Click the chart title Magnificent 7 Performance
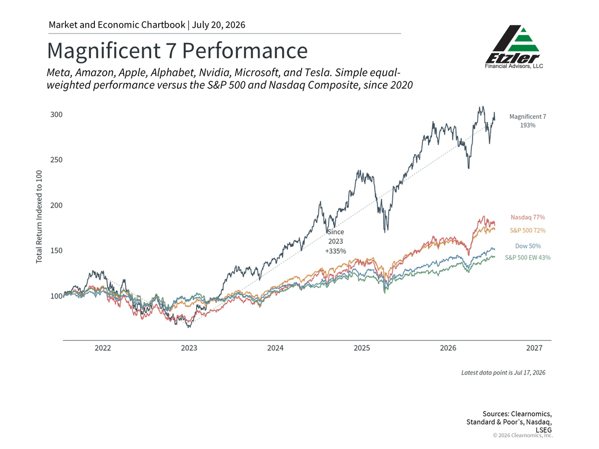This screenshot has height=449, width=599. (x=177, y=50)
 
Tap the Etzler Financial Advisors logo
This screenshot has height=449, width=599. (x=514, y=47)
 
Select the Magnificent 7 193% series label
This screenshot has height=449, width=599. (x=528, y=121)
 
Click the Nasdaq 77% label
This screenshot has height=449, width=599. (x=528, y=218)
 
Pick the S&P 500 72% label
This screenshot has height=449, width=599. (x=528, y=230)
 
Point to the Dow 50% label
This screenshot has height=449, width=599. (x=528, y=246)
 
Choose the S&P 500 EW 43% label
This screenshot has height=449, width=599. (x=528, y=257)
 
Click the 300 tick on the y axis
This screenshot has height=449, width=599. (x=56, y=115)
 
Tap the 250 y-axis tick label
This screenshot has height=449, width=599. (x=56, y=160)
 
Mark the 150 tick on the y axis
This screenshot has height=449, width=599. (x=56, y=250)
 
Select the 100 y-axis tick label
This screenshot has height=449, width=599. (x=56, y=296)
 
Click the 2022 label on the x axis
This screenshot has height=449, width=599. (x=103, y=348)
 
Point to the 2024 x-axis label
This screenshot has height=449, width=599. (x=276, y=348)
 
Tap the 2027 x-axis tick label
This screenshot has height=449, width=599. (x=534, y=348)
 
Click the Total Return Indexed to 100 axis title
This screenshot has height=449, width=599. (x=39, y=217)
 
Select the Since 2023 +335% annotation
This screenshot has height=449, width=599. (x=335, y=241)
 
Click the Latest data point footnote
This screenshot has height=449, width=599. (x=503, y=373)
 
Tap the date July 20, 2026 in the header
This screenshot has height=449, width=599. (x=218, y=25)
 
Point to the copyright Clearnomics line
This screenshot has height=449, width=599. (x=523, y=436)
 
